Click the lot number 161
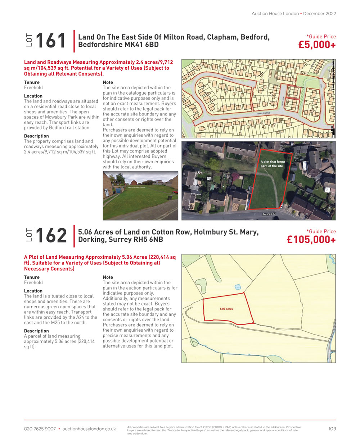click(x=51, y=41)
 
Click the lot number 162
click(x=51, y=236)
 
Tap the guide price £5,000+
click(x=317, y=45)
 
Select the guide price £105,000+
click(x=311, y=240)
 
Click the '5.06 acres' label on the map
click(x=226, y=309)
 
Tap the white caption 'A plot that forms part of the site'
click(x=273, y=164)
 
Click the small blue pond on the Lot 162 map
click(x=237, y=287)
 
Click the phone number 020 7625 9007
click(x=40, y=429)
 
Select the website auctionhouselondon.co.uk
click(x=89, y=429)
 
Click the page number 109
click(x=332, y=428)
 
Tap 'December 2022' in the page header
click(x=319, y=14)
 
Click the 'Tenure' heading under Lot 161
click(x=32, y=82)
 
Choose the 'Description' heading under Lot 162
click(x=36, y=331)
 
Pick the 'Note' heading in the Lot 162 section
click(x=108, y=277)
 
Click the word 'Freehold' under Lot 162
click(x=33, y=282)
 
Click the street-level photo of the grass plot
click(x=140, y=195)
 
